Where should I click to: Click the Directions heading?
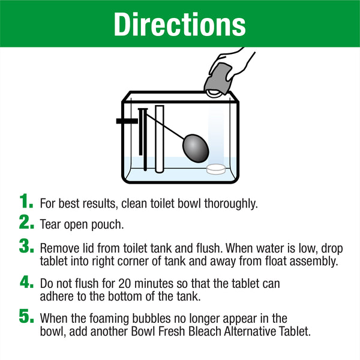(179, 24)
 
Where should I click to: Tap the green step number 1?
(26, 200)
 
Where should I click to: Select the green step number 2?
(26, 222)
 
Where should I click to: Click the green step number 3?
(26, 246)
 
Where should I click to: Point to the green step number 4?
(26, 281)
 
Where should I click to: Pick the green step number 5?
(26, 316)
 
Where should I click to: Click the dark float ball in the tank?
(196, 148)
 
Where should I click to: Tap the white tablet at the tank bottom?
(216, 169)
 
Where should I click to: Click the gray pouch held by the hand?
(217, 79)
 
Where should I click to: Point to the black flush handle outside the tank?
(127, 121)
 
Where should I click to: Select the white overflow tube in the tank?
(160, 139)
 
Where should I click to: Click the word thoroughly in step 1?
(231, 203)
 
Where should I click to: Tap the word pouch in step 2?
(107, 225)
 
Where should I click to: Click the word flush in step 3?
(209, 248)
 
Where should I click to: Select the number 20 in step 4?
(125, 284)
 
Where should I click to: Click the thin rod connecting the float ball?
(165, 126)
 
